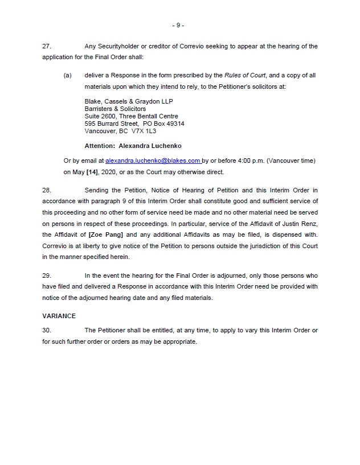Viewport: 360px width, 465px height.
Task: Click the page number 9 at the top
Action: pyautogui.click(x=178, y=26)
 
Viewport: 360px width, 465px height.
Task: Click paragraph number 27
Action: pyautogui.click(x=47, y=46)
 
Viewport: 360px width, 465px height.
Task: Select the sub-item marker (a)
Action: pyautogui.click(x=68, y=76)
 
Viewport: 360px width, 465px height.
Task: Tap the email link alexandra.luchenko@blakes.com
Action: pyautogui.click(x=153, y=161)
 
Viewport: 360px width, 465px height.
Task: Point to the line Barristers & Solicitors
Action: pyautogui.click(x=115, y=109)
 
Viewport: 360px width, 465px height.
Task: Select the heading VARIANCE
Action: pyautogui.click(x=59, y=315)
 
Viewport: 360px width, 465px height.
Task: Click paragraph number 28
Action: pyautogui.click(x=47, y=190)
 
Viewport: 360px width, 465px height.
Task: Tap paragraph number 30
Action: pyautogui.click(x=47, y=330)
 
